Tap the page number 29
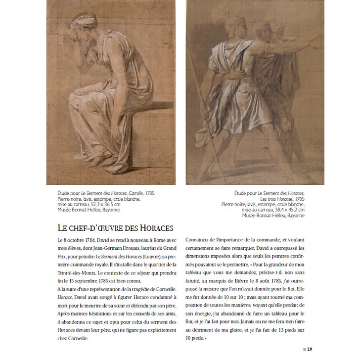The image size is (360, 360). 309,350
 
